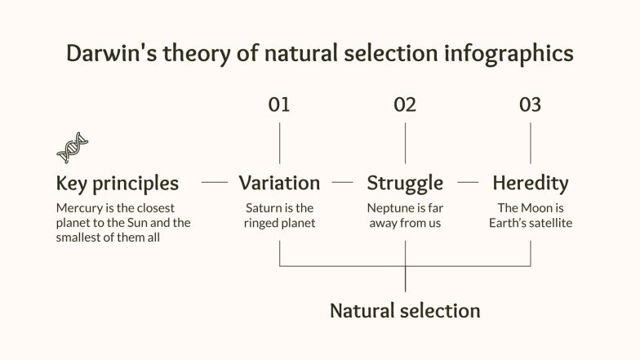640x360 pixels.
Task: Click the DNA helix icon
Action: coord(72,148)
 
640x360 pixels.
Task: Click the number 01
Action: coord(279,104)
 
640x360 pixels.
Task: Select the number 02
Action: coord(405,104)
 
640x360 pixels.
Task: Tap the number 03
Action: coord(531,104)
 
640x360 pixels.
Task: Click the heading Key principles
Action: coord(117,183)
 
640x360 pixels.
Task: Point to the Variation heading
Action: coord(279,183)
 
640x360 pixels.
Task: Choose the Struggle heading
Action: coord(405,183)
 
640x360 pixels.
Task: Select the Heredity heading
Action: coord(531,183)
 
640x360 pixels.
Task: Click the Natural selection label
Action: coord(405,311)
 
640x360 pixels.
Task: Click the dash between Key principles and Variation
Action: coord(214,183)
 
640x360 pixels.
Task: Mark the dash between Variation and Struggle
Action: coord(343,183)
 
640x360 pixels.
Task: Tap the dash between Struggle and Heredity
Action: coord(468,183)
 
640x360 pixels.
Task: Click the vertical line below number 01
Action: coord(279,143)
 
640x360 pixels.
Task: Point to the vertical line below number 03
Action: coord(531,143)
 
